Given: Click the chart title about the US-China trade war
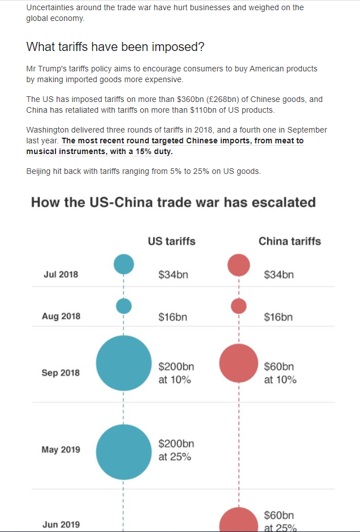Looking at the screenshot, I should click(x=173, y=202).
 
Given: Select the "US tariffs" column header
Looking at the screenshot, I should click(x=172, y=241).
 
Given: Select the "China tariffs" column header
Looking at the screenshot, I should click(x=289, y=241).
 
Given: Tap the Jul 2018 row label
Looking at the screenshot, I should click(x=61, y=275).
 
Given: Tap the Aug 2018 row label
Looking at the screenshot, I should click(x=61, y=316).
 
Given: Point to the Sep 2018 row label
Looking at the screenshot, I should click(x=61, y=373).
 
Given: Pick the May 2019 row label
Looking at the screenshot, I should click(x=61, y=450).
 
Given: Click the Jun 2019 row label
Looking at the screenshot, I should click(x=61, y=525).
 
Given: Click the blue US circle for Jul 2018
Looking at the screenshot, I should click(x=124, y=264).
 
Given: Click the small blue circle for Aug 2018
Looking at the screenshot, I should click(x=124, y=306).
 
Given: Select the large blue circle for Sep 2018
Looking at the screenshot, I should click(x=124, y=363).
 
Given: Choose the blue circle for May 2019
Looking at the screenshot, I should click(x=124, y=452).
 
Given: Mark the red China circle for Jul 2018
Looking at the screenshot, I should click(x=239, y=265).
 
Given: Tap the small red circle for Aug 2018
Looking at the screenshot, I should click(x=239, y=306).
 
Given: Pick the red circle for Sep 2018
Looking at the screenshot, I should click(x=239, y=363).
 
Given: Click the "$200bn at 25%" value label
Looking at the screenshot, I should click(x=176, y=450).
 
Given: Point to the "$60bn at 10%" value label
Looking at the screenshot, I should click(x=280, y=373).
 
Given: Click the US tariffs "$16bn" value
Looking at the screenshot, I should click(x=173, y=317).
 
